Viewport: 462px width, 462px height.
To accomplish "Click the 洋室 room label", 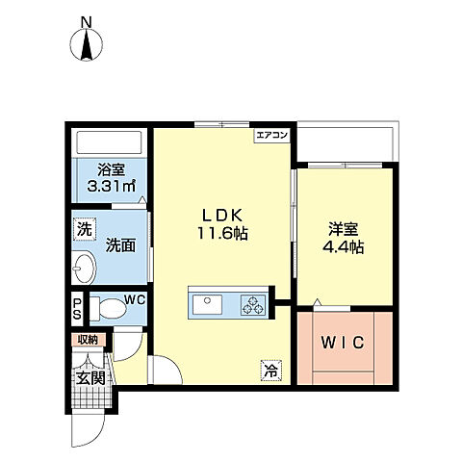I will (x=343, y=228).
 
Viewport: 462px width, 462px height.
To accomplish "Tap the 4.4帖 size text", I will (x=343, y=246).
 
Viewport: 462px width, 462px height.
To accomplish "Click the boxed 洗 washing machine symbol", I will (x=84, y=231).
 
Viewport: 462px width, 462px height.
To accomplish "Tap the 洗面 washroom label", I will (x=119, y=244).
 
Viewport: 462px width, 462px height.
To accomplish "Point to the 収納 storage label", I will (x=89, y=339).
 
